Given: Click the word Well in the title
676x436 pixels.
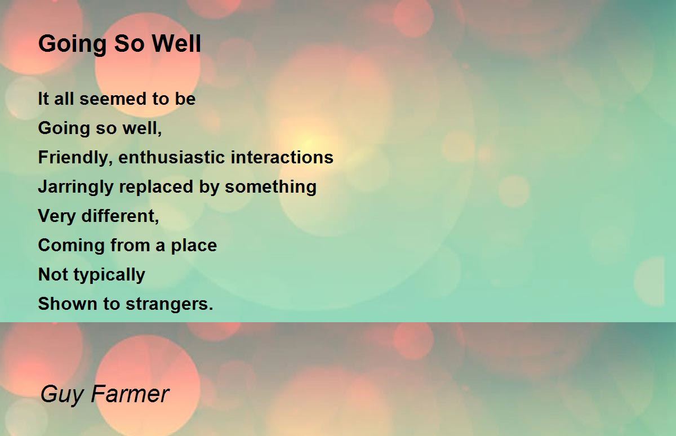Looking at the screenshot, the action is pyautogui.click(x=176, y=43).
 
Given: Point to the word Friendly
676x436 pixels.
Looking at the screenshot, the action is pyautogui.click(x=75, y=158).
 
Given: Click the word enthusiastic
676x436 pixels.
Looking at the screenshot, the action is pyautogui.click(x=171, y=158).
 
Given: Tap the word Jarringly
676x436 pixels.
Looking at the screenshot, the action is pyautogui.click(x=75, y=187).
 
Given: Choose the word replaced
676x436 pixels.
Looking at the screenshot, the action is pyautogui.click(x=156, y=187).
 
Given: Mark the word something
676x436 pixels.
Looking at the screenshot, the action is pyautogui.click(x=271, y=187).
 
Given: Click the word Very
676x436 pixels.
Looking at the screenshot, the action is pyautogui.click(x=56, y=216).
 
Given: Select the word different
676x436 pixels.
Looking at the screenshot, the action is pyautogui.click(x=120, y=216).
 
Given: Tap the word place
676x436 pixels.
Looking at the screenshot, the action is pyautogui.click(x=194, y=246).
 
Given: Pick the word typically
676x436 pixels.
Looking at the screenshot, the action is pyautogui.click(x=109, y=275).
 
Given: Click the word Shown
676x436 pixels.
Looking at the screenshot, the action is pyautogui.click(x=67, y=304).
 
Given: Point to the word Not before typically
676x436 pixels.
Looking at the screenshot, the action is pyautogui.click(x=53, y=274).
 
